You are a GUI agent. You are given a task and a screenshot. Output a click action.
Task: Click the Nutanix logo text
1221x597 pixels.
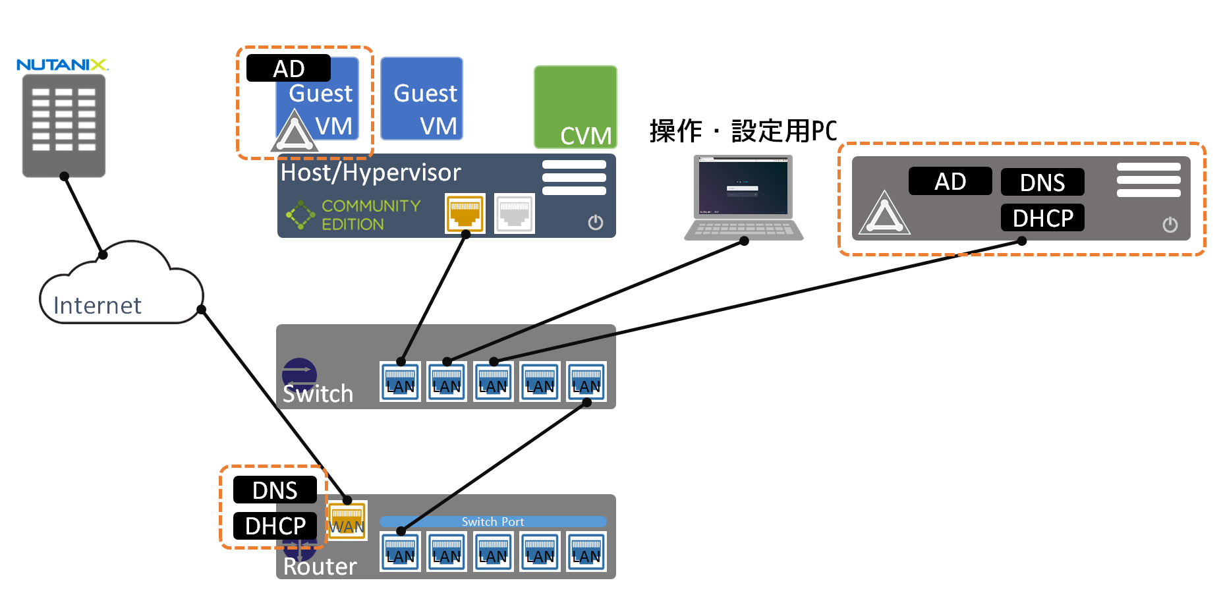coord(62,65)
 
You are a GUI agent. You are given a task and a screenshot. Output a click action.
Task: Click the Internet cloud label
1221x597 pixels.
coord(97,306)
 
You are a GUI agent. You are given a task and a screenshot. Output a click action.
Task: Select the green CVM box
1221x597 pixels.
coord(575,106)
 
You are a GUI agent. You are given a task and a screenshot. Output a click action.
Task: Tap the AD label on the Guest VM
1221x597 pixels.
coord(289,69)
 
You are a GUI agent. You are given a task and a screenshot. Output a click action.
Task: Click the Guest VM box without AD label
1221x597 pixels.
coord(422,99)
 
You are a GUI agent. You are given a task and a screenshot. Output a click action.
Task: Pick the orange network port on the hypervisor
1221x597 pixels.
coord(465,213)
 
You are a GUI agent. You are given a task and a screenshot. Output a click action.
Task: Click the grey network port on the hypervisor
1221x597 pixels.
coord(514,213)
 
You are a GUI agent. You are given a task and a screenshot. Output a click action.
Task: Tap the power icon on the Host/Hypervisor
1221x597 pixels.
coord(595,223)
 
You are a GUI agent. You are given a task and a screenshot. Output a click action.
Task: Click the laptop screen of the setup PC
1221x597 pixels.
coord(743,187)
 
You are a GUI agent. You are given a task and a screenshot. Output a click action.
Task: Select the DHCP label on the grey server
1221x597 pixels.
coord(1042,218)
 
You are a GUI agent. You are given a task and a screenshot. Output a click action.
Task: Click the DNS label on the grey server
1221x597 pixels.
coord(1042,183)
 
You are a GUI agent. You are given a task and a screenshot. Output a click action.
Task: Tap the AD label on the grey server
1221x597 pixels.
coord(950,181)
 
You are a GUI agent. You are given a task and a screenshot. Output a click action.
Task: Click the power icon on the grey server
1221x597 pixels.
coord(1170,225)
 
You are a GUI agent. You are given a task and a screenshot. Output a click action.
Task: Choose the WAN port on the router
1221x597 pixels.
coord(347,521)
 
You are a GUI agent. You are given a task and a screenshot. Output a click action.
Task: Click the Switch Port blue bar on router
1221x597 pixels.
coord(493,522)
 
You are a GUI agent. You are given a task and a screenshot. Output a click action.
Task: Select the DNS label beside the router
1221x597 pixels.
coord(275,490)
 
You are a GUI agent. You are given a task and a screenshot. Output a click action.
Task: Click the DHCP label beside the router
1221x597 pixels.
coord(275,526)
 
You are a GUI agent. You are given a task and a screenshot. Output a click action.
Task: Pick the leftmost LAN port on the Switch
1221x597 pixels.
coord(400,382)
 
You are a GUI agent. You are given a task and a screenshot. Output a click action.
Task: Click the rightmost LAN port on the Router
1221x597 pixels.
coord(586,552)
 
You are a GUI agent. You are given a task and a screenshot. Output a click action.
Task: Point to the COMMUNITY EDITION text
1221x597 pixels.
coord(370,215)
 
